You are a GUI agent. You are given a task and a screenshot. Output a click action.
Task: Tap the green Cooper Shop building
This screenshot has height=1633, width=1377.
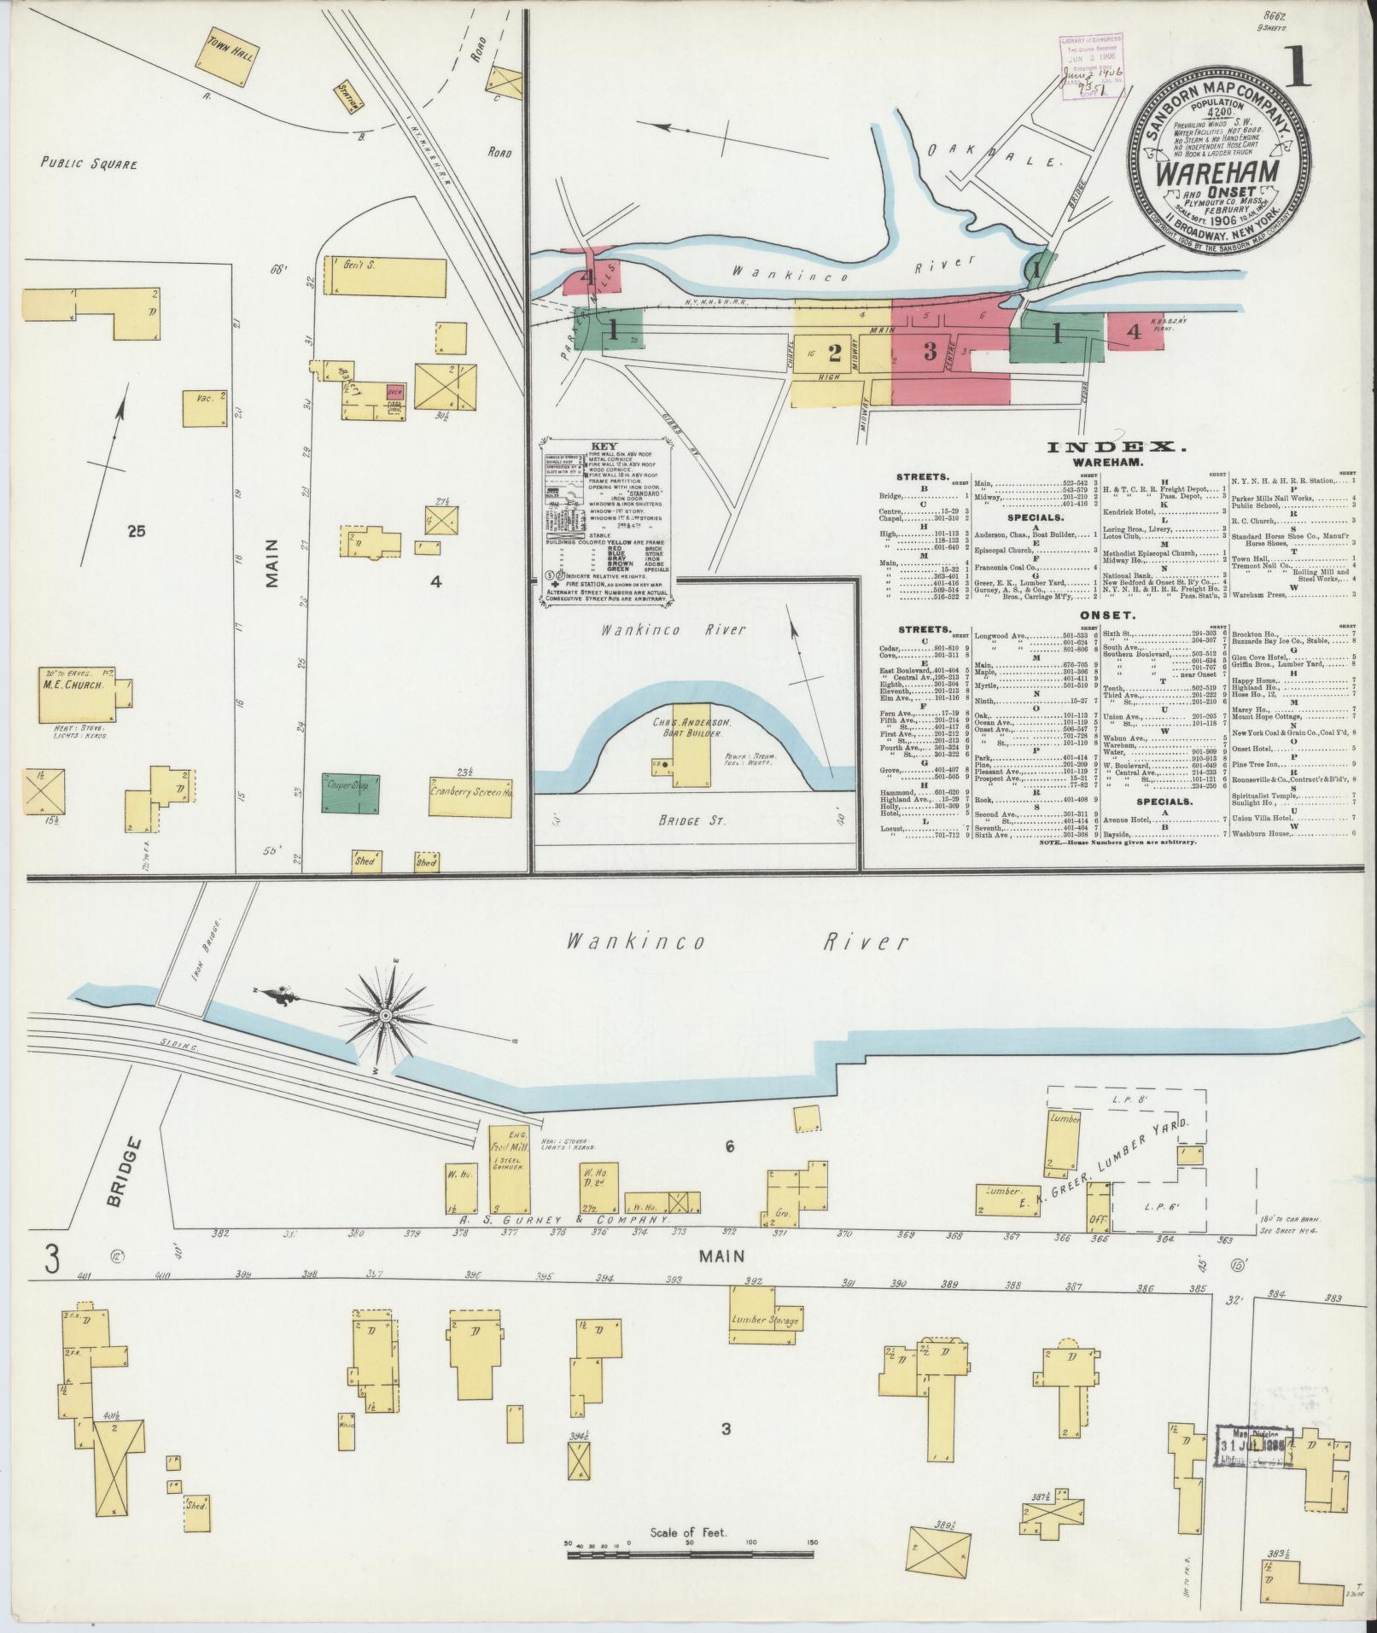click(x=350, y=793)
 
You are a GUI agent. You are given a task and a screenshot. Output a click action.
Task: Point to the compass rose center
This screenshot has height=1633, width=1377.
click(x=385, y=1015)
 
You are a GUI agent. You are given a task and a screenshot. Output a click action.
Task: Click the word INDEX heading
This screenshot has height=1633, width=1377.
click(x=1116, y=446)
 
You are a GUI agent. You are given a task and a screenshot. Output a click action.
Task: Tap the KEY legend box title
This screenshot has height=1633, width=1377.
click(x=604, y=446)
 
